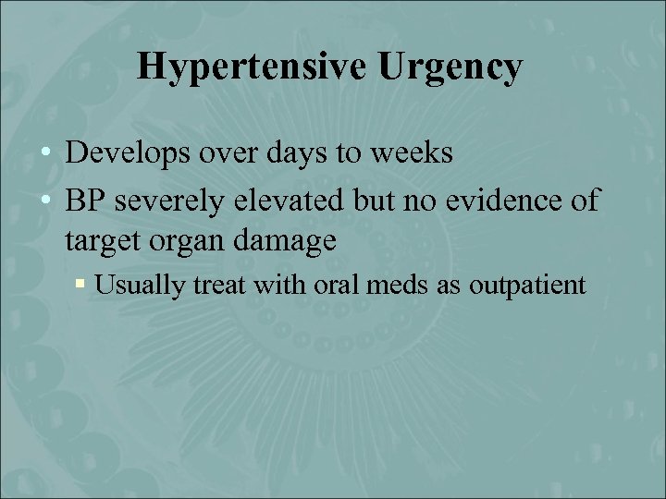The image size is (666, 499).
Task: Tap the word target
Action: point(105,241)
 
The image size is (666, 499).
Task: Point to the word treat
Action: point(214,286)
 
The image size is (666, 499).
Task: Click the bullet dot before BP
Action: point(48,200)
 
